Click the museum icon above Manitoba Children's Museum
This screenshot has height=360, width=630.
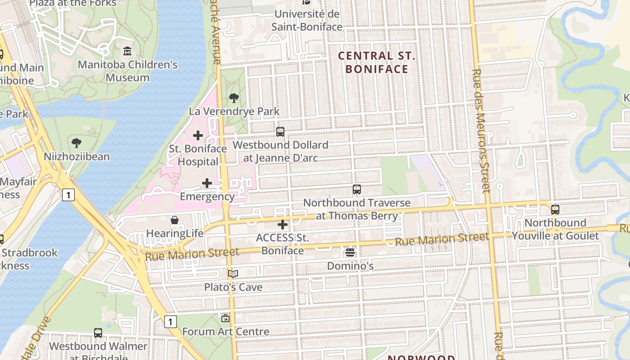(127, 51)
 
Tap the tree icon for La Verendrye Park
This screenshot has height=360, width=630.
(234, 98)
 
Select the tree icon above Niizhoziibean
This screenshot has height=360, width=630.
(76, 143)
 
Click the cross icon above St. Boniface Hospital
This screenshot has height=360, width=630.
(198, 135)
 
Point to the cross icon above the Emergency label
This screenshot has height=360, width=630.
(207, 183)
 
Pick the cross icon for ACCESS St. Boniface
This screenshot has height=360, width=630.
(283, 224)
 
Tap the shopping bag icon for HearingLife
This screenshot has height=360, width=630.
(175, 220)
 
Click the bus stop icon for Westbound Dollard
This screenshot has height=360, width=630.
(280, 132)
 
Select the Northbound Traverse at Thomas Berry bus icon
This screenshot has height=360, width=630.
(357, 189)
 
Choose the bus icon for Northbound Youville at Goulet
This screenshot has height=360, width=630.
(555, 210)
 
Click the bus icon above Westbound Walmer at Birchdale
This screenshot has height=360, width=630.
(98, 333)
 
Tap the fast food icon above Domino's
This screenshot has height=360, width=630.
(350, 252)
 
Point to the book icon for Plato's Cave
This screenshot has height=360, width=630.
(233, 274)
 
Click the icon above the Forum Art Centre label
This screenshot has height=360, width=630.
(225, 318)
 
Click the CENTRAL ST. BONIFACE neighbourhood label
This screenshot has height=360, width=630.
(377, 63)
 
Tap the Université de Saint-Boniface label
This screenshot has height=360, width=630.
(307, 21)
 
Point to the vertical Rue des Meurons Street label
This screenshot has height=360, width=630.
(481, 130)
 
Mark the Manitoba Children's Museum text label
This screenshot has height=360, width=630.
(128, 71)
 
